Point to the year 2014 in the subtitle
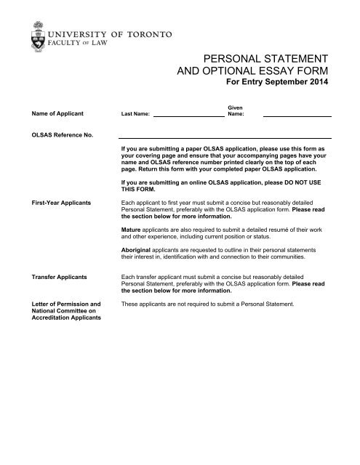316,83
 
